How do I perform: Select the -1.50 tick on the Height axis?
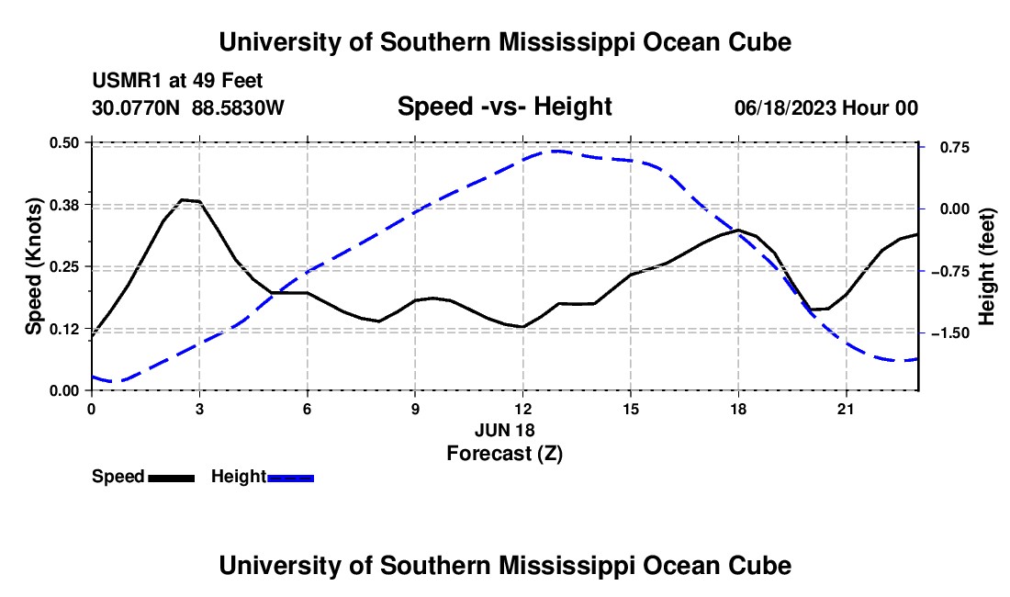point(949,333)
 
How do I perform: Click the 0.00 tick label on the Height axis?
point(955,208)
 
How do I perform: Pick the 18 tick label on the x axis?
point(738,409)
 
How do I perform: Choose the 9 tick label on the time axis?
point(415,409)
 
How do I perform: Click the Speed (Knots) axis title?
point(33,266)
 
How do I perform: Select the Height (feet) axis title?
point(986,266)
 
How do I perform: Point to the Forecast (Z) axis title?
point(504,454)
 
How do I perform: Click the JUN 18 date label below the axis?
point(504,430)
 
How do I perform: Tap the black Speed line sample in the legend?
point(172,478)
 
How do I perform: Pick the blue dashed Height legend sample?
point(290,478)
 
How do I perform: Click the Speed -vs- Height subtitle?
point(504,107)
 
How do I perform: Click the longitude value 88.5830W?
point(238,107)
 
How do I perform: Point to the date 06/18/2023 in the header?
point(784,107)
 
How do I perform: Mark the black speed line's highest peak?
point(183,199)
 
